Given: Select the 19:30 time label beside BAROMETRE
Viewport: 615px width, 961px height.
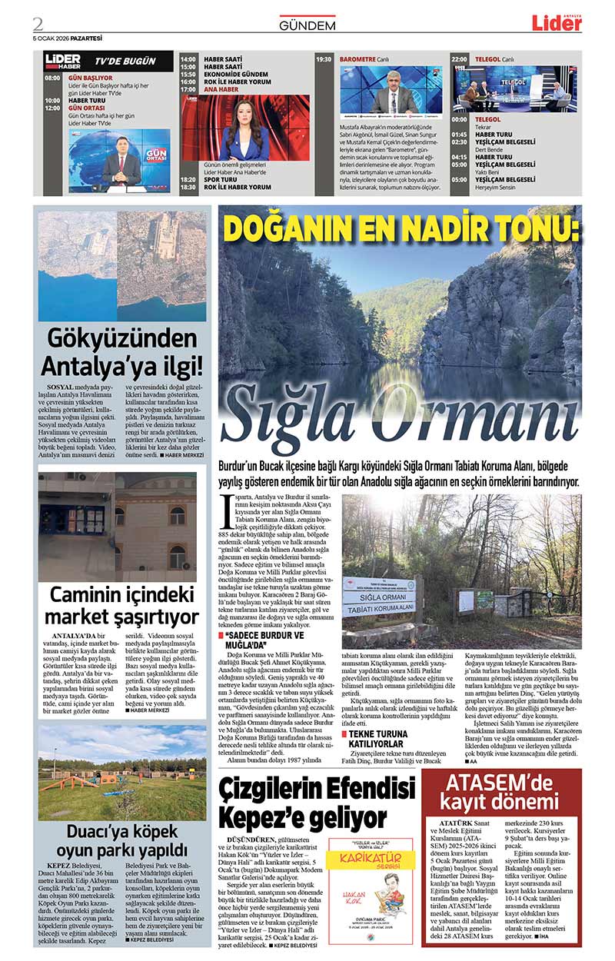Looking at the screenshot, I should tap(324, 59).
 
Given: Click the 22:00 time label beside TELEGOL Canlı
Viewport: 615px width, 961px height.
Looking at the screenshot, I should tap(459, 59).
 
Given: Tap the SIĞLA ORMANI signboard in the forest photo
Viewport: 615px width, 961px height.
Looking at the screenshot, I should tap(377, 594).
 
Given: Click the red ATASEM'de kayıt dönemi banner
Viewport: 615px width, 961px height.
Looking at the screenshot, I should tap(500, 796).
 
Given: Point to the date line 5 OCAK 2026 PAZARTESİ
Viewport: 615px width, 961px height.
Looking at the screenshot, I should tap(68, 38).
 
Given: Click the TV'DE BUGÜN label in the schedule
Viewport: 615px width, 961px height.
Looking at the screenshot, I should tap(125, 61).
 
